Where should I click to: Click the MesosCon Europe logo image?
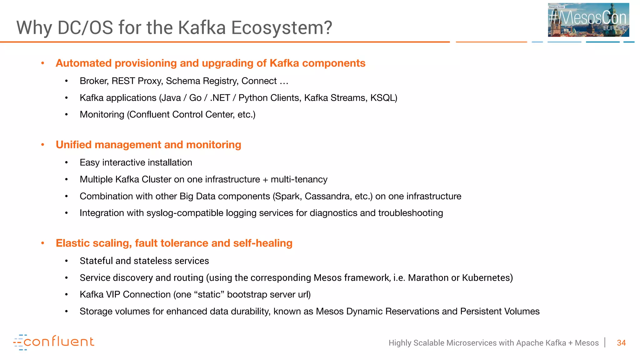tap(588, 20)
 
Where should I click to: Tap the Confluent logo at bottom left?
tap(54, 342)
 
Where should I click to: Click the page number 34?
tap(621, 343)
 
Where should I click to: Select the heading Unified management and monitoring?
tap(148, 145)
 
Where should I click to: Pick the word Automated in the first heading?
tap(83, 63)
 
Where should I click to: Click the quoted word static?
tap(209, 295)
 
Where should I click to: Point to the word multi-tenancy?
tap(299, 179)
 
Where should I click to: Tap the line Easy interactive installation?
tap(136, 162)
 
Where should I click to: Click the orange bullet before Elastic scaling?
tap(43, 243)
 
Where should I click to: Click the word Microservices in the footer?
tap(472, 343)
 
